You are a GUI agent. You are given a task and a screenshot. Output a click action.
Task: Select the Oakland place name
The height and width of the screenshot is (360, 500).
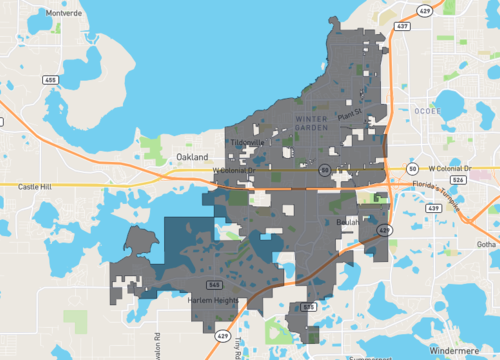[191, 158]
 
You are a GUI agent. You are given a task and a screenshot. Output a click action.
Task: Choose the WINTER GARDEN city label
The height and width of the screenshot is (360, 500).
[312, 124]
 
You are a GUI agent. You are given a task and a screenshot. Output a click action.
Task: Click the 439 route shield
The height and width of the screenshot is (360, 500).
[433, 206]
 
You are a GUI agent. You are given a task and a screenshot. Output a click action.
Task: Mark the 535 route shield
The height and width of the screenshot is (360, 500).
[309, 306]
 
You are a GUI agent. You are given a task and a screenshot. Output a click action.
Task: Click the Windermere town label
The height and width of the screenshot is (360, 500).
[459, 351]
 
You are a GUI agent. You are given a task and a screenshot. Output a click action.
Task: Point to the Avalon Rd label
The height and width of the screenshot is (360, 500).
[157, 340]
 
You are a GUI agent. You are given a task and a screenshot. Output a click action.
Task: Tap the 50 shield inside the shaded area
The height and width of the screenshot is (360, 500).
[325, 171]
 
